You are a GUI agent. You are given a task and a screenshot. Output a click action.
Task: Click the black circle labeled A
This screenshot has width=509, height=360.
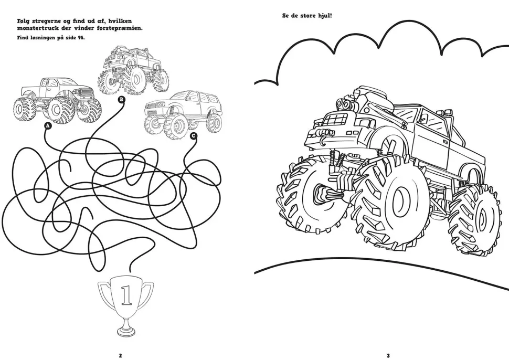[x=48, y=125]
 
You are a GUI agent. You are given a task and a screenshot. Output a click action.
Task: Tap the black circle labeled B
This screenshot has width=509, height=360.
[x=121, y=100]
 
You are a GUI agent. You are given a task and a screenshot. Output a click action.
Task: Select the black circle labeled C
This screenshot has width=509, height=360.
[x=194, y=136]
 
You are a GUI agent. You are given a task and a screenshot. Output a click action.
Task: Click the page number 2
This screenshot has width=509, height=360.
[x=121, y=355]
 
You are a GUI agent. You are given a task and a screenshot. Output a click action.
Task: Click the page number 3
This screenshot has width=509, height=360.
[x=388, y=355]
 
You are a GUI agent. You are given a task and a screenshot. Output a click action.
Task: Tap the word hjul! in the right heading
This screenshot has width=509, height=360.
[x=325, y=15]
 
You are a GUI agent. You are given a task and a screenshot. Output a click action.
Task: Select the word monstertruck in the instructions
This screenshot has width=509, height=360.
[x=38, y=28]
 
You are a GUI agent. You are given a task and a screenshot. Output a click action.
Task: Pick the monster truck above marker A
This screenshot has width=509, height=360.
[x=57, y=101]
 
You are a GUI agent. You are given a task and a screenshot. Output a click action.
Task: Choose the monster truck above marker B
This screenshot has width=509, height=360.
[x=133, y=71]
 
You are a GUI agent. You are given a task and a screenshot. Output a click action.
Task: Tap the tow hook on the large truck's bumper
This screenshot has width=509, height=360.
[x=323, y=140]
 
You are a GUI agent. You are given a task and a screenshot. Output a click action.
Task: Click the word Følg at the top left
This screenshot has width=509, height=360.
[x=24, y=22]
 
